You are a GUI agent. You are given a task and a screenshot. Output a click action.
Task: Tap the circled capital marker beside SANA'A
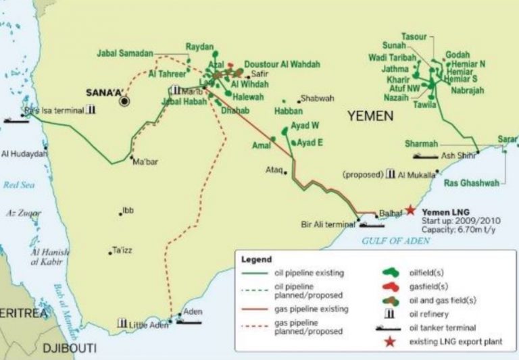click(x=124, y=101)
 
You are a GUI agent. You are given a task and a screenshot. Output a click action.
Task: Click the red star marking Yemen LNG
click(x=410, y=210)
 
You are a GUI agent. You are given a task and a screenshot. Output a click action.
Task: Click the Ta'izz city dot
click(x=110, y=253)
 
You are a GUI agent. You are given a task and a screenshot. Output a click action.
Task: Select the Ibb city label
click(x=128, y=211)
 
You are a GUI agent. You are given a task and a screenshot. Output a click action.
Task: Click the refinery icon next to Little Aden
click(x=122, y=324)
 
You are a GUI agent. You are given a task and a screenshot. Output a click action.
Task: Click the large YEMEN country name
click(x=370, y=116)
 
